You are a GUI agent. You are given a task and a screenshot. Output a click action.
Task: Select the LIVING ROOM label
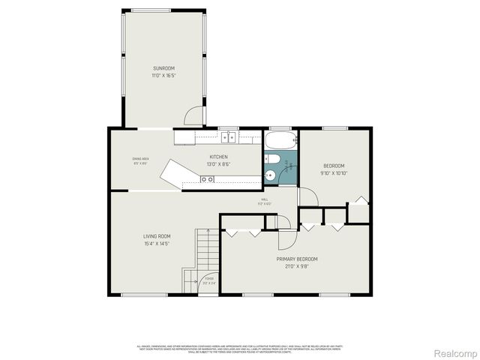pos(157,236)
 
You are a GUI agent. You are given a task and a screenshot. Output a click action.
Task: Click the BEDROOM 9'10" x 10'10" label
pos(334,166)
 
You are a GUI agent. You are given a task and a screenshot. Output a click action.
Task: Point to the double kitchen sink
pos(228,137)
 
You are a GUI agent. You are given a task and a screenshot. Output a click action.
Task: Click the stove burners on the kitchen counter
pos(207,178)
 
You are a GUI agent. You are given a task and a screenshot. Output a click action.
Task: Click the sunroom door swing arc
pos(194,116)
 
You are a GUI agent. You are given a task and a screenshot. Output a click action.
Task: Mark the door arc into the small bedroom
pos(307,196)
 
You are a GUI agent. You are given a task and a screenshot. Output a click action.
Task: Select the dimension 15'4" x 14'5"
pos(157,243)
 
